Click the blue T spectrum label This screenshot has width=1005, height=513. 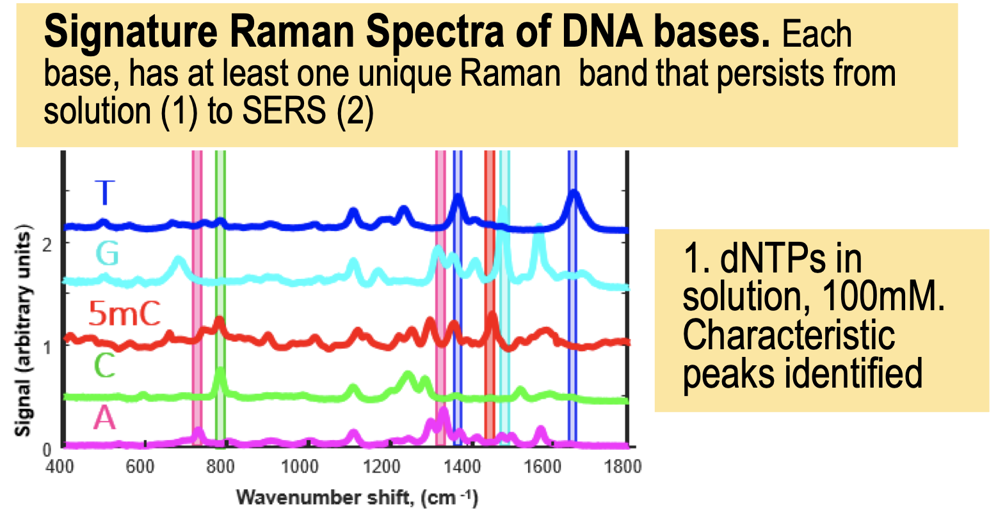tap(105, 193)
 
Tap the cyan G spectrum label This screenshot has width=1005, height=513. tap(108, 253)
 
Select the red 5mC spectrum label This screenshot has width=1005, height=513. tap(124, 313)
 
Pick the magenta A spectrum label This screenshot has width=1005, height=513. tap(104, 418)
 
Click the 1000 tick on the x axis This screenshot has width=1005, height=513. tap(300, 467)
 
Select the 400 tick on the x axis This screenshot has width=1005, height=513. tap(60, 467)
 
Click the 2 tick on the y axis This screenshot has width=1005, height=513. tap(47, 245)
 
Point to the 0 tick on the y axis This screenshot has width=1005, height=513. tap(47, 450)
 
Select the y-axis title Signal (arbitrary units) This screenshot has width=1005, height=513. tap(23, 331)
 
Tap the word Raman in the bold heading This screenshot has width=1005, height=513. tap(293, 32)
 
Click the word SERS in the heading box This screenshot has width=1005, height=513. tap(284, 110)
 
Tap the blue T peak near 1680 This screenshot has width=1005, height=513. tap(574, 194)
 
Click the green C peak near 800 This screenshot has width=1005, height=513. tap(220, 370)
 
